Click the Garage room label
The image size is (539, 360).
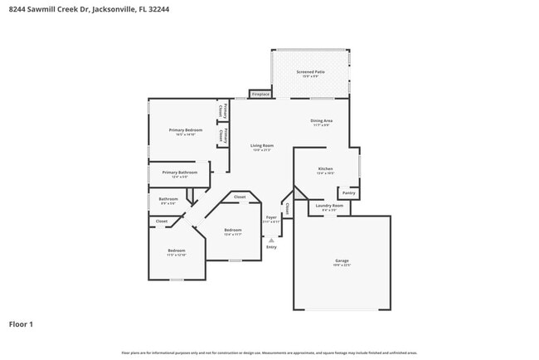tap(342, 261)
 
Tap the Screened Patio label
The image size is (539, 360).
tap(310, 72)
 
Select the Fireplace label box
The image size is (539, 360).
tap(260, 95)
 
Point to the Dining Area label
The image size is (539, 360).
tap(322, 121)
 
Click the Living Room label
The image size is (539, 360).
tap(262, 146)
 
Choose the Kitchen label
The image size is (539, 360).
tap(326, 169)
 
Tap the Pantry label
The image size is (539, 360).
tap(349, 192)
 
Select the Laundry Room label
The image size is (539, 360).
tap(329, 206)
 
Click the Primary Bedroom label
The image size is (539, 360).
tap(186, 130)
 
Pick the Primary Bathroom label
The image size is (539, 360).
tap(180, 173)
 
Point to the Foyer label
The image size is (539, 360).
tap(271, 217)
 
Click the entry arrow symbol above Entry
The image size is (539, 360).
tap(271, 240)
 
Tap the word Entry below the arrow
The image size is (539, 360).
tap(271, 247)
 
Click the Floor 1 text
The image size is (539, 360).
tap(21, 324)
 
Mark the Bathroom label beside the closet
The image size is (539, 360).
tap(168, 199)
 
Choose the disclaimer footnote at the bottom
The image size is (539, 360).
tap(269, 353)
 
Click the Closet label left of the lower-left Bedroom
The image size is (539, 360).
tap(162, 221)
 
